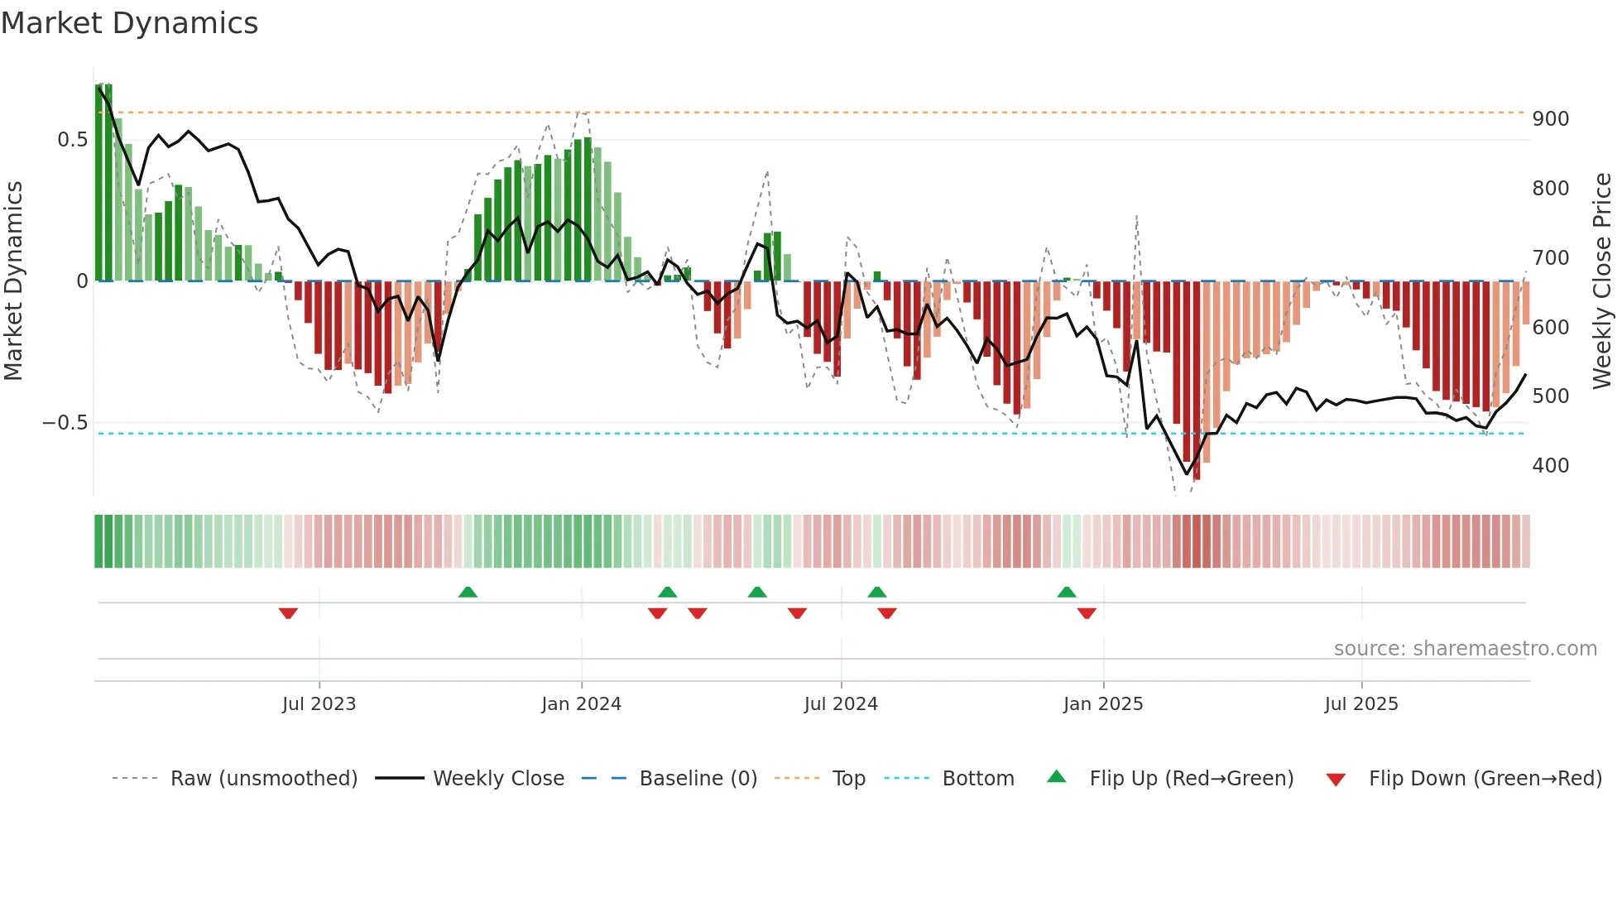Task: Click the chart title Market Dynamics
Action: coord(129,23)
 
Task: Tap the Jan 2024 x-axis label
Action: coord(581,703)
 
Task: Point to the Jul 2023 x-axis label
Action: coord(319,703)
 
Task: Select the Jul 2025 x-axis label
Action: coord(1360,703)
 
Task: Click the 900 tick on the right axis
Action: coord(1550,119)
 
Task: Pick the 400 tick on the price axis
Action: coord(1550,465)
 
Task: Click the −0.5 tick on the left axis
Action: coord(65,423)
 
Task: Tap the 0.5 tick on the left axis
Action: coord(72,140)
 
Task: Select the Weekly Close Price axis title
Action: coord(1602,281)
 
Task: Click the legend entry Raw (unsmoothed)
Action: coord(263,778)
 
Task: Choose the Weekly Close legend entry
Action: coord(498,778)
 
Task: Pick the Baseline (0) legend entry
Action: coord(698,778)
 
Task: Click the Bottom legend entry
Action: coord(977,778)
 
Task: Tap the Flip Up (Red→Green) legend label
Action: coord(1191,778)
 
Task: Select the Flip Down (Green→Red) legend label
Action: coord(1485,778)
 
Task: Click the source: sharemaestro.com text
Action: coord(1465,648)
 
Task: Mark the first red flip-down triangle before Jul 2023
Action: coord(288,612)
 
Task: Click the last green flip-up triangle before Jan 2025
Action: coord(1067,592)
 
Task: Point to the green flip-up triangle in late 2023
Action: coord(468,592)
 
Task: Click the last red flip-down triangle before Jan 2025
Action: coord(1087,612)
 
